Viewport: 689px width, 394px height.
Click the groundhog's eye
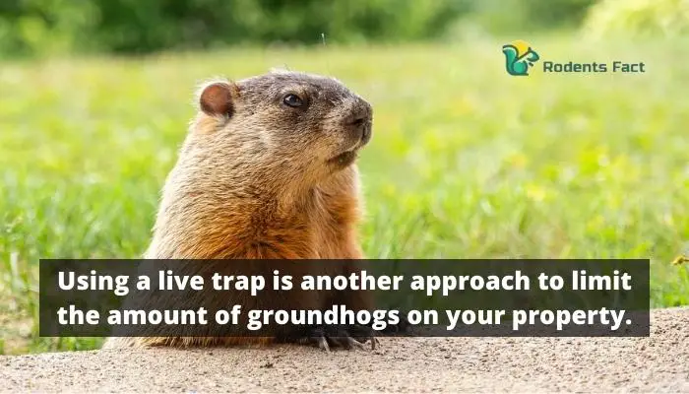(293, 100)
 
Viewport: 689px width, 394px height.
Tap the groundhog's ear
(218, 98)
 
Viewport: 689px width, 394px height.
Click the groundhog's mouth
(344, 158)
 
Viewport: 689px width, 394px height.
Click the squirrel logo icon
(521, 58)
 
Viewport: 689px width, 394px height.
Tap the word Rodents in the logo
(570, 67)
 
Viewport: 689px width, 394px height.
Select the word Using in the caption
(94, 282)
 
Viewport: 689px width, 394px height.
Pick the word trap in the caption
(238, 283)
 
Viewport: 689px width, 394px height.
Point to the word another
(351, 281)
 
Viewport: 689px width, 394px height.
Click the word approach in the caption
(470, 283)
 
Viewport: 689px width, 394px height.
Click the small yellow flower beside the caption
(680, 260)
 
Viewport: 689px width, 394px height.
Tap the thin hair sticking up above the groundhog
(324, 40)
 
